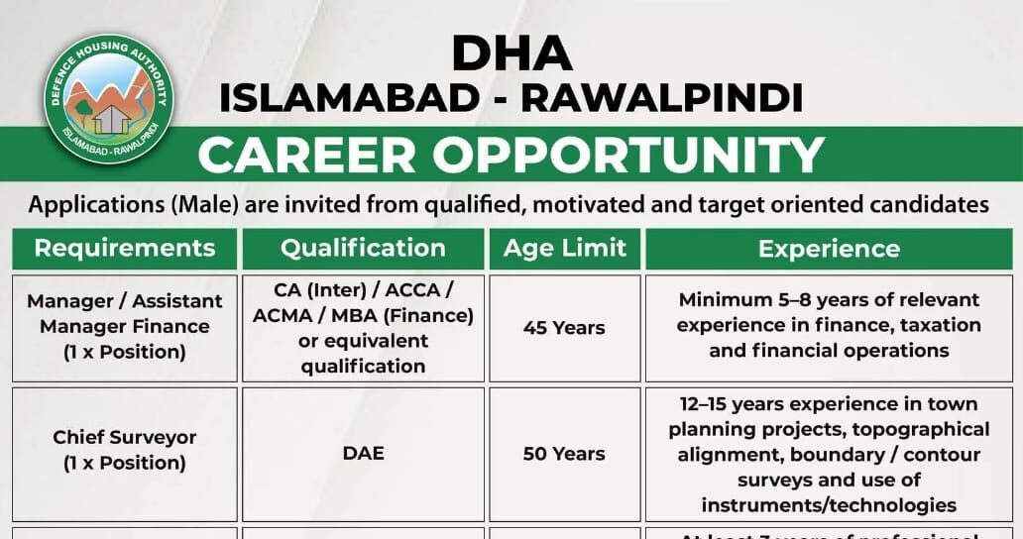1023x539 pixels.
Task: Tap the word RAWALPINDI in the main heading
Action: tap(661, 97)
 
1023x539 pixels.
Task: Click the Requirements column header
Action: tap(124, 248)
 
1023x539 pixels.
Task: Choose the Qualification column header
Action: tap(363, 248)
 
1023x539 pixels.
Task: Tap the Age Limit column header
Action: tap(564, 248)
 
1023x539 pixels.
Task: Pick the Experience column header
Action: tap(829, 248)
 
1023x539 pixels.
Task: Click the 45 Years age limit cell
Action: tap(564, 327)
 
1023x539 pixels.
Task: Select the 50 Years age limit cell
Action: tap(564, 454)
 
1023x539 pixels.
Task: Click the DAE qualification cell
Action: tap(363, 454)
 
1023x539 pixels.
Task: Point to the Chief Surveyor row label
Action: tap(124, 437)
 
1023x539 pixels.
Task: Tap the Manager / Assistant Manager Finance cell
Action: tap(124, 326)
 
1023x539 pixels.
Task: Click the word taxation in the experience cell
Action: tap(933, 325)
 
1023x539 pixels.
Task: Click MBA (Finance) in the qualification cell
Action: tap(415, 315)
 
